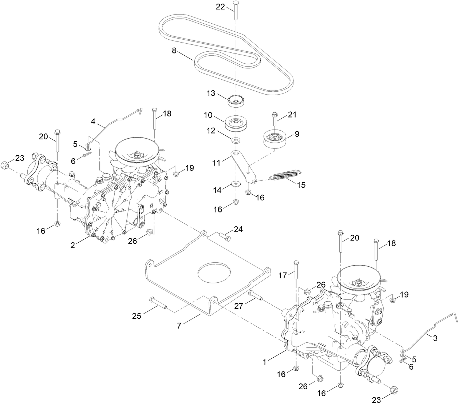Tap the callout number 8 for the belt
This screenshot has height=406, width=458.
(x=174, y=51)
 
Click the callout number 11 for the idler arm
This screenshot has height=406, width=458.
(x=217, y=163)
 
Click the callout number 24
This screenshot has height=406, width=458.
(x=238, y=230)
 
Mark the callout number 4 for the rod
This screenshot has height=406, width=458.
(x=93, y=122)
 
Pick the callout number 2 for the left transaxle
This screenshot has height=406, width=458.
(x=73, y=245)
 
